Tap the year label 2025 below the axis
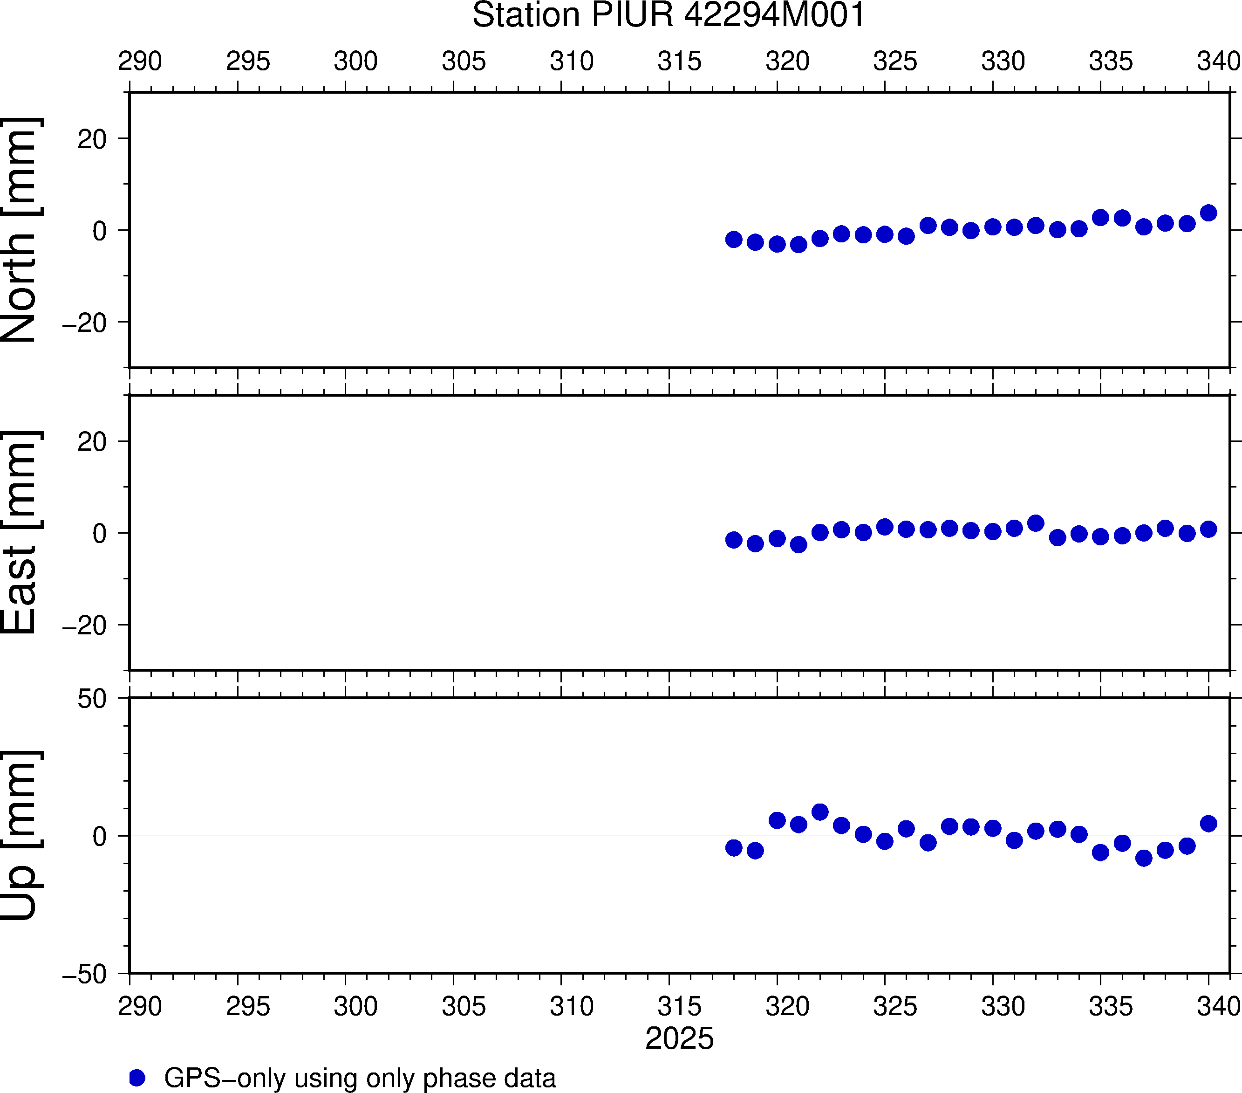(679, 1038)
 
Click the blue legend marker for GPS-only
(137, 1078)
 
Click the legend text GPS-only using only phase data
(360, 1078)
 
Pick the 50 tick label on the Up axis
(92, 699)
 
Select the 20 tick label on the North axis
(92, 139)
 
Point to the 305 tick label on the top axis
(464, 62)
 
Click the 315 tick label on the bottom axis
(679, 1007)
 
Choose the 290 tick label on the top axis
(140, 62)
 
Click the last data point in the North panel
(1208, 213)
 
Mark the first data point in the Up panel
(734, 847)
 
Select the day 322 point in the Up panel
(820, 811)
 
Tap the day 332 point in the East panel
(1036, 523)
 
